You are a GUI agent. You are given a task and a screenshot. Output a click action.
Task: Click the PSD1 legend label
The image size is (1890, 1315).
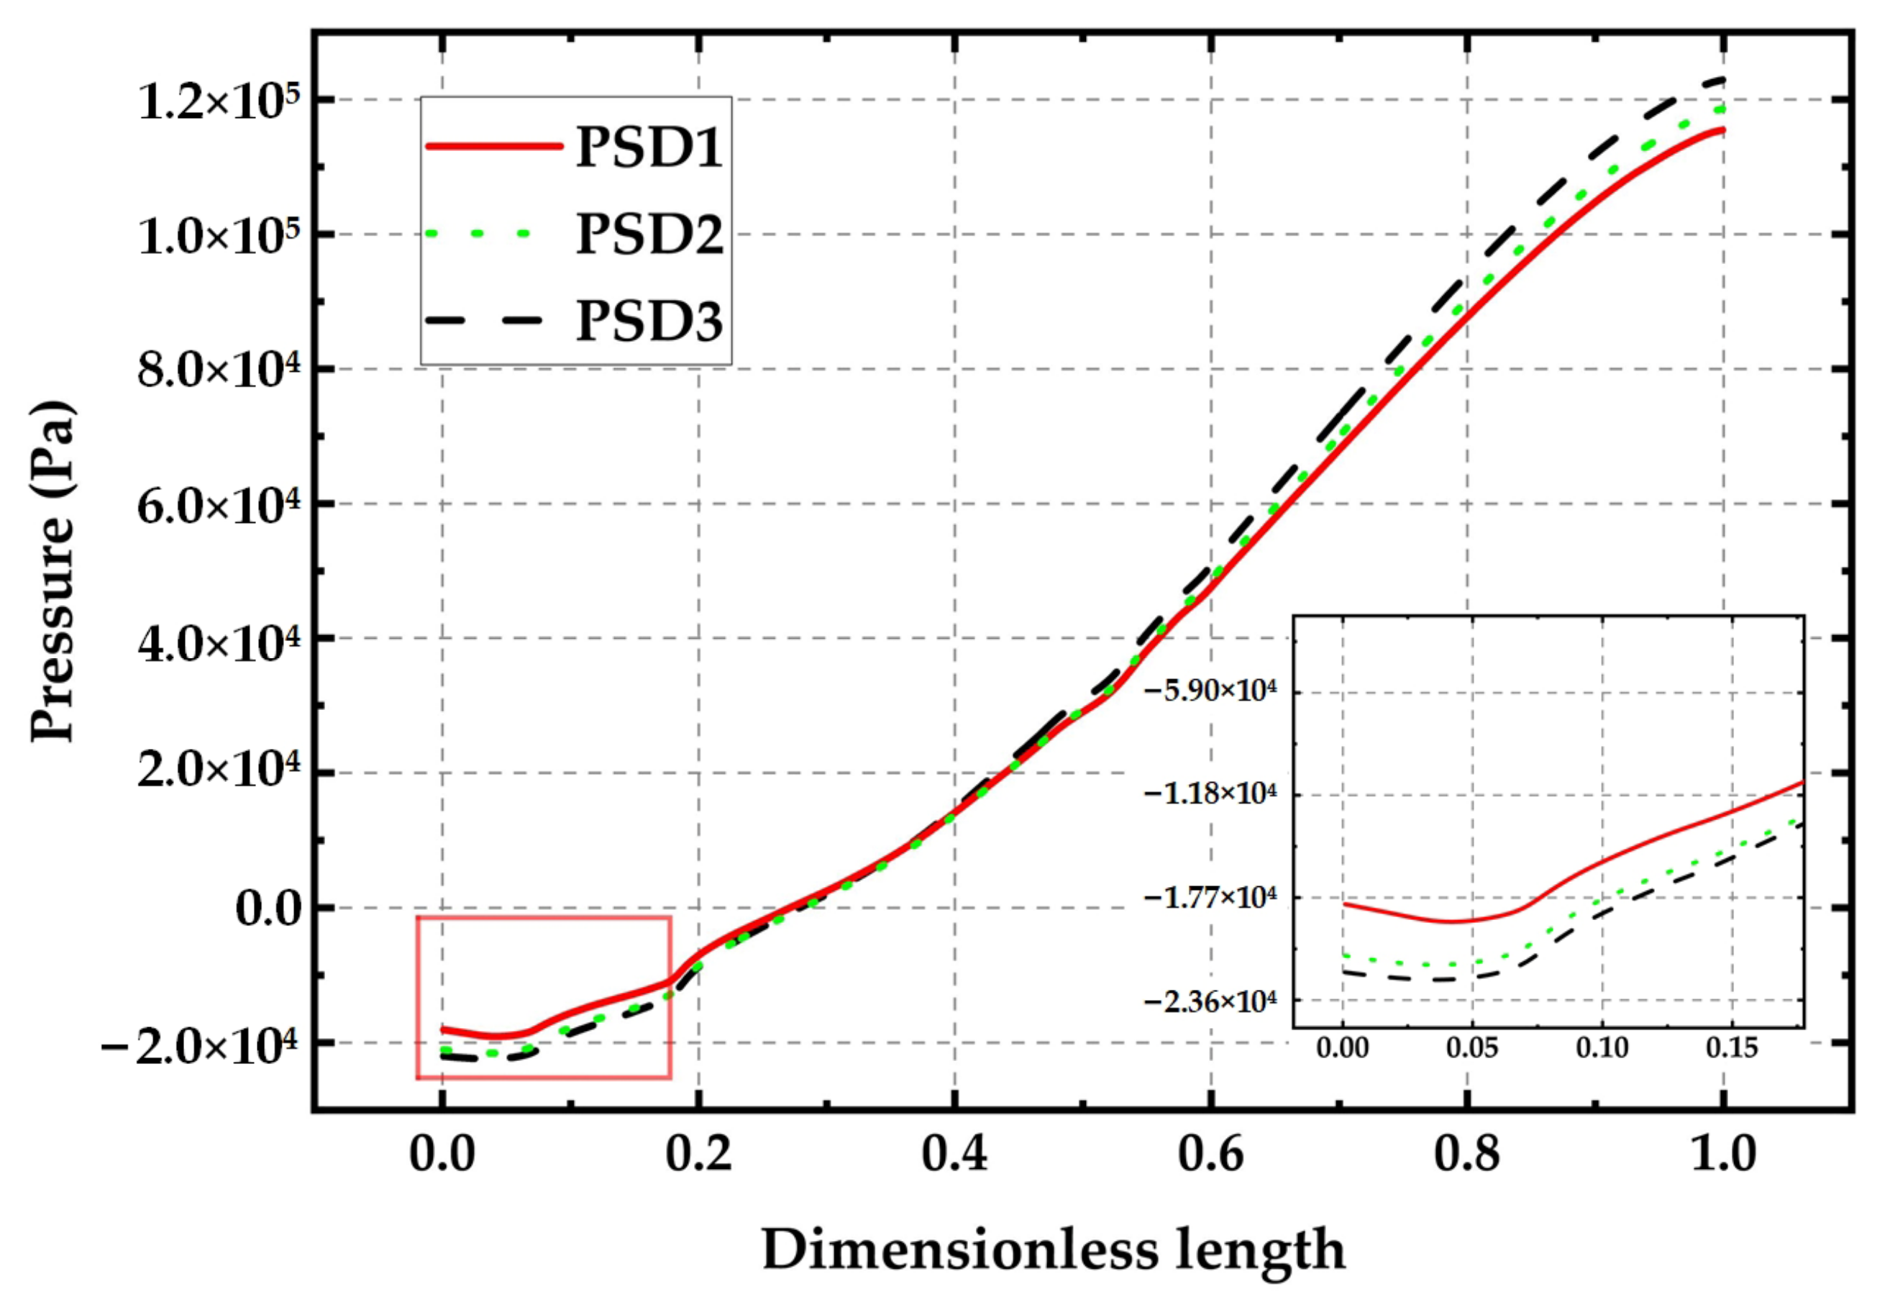pyautogui.click(x=649, y=147)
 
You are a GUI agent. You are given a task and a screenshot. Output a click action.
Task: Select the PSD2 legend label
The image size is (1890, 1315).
pyautogui.click(x=649, y=234)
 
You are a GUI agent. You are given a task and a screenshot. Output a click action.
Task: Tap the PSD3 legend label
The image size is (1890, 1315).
pyautogui.click(x=649, y=321)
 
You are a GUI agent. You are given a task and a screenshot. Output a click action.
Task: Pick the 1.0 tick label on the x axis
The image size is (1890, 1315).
pyautogui.click(x=1722, y=1154)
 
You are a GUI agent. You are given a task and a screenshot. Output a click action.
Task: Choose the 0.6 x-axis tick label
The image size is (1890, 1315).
pyautogui.click(x=1210, y=1154)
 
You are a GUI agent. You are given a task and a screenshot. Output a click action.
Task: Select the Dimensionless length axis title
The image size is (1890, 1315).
pyautogui.click(x=1054, y=1251)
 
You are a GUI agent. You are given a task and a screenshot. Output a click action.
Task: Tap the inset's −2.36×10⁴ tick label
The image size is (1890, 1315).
pyautogui.click(x=1210, y=1002)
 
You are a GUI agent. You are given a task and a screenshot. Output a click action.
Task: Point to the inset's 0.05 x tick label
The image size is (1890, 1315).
pyautogui.click(x=1472, y=1048)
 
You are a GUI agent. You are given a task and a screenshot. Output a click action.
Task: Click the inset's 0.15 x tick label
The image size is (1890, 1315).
pyautogui.click(x=1731, y=1048)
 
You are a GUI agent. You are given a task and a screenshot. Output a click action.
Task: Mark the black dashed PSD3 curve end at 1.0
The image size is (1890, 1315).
pyautogui.click(x=1722, y=79)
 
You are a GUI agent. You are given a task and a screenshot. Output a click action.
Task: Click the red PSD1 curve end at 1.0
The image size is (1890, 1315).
pyautogui.click(x=1722, y=129)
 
